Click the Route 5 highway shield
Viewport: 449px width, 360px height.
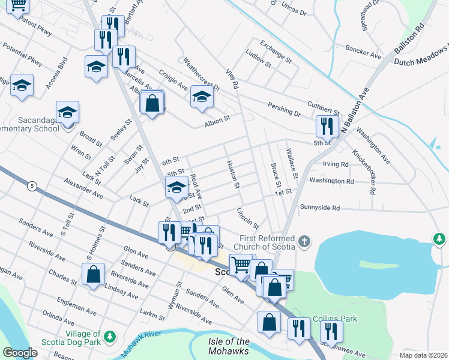click(x=31, y=187)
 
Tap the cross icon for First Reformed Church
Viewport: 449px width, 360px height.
click(x=304, y=242)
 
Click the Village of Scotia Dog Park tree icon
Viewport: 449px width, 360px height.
click(x=109, y=337)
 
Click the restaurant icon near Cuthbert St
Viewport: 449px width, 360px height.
click(x=327, y=125)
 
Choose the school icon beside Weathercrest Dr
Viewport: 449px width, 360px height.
click(x=202, y=95)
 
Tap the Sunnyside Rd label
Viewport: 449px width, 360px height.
click(x=320, y=208)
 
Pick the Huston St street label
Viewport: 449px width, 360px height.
click(x=233, y=174)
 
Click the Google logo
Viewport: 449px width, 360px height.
click(x=20, y=353)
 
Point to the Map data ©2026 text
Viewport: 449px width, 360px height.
click(x=423, y=355)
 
